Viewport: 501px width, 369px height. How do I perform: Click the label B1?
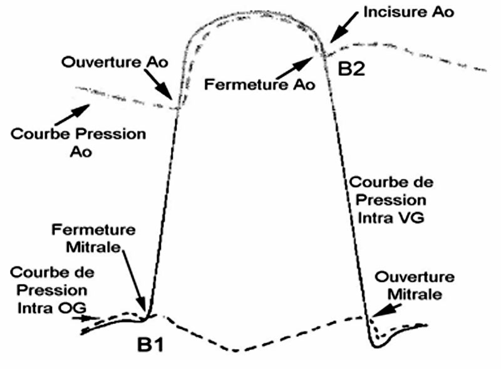click(x=150, y=344)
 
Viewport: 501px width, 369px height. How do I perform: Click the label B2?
click(x=351, y=69)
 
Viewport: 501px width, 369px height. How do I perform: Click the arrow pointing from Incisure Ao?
click(x=344, y=29)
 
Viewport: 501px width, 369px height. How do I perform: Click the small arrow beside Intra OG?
click(x=85, y=318)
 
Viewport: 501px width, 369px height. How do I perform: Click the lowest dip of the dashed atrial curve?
click(x=237, y=350)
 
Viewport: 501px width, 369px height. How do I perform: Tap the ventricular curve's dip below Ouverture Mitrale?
click(x=378, y=345)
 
